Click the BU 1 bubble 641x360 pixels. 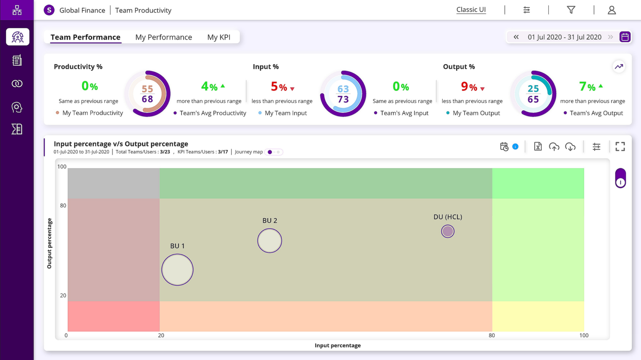(177, 269)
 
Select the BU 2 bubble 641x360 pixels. (270, 241)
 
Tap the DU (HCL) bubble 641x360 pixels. (447, 231)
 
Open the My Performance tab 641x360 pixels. (164, 37)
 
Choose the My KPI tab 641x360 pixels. (219, 37)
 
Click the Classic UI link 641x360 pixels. (471, 10)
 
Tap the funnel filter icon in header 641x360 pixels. (571, 10)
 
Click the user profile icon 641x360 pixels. (611, 10)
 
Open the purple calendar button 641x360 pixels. (625, 37)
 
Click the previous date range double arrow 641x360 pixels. (516, 37)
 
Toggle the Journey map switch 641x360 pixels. (274, 152)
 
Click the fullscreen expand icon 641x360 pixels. (620, 146)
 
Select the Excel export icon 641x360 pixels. (538, 146)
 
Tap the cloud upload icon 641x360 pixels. (554, 146)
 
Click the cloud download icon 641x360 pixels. (570, 146)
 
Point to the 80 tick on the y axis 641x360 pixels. (63, 205)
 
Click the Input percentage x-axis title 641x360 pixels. (338, 345)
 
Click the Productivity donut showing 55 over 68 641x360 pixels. (147, 94)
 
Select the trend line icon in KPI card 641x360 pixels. (618, 67)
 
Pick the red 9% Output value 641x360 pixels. (469, 87)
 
